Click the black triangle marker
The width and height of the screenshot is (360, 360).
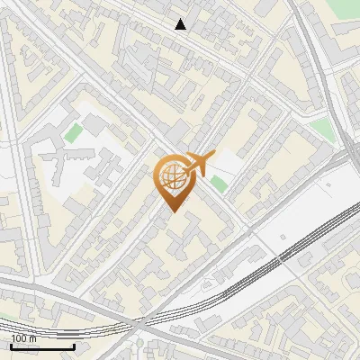(181, 24)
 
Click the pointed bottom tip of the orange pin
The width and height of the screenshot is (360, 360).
(172, 211)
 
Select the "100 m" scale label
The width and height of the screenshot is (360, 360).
(24, 337)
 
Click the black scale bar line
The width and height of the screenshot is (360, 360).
(42, 346)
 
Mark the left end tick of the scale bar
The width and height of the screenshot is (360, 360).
(11, 345)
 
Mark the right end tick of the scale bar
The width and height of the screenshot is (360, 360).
(74, 345)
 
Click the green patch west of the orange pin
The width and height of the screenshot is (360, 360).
(73, 133)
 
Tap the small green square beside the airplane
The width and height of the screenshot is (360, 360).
(219, 184)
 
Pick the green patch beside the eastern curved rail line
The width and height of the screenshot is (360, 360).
(321, 132)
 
